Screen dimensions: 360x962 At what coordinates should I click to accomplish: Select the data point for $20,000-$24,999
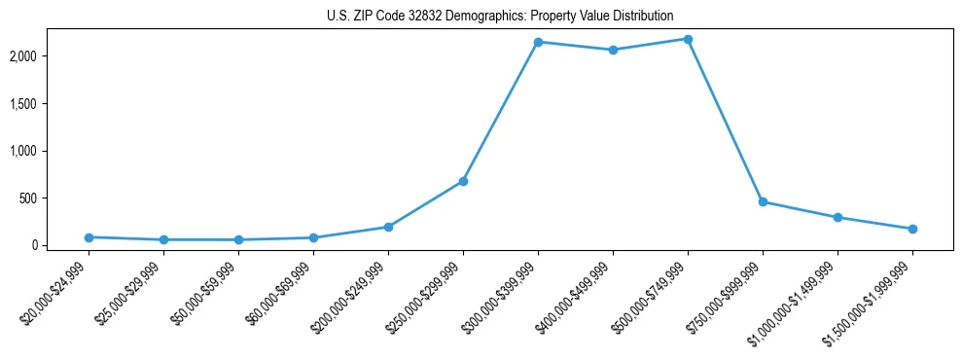tap(89, 237)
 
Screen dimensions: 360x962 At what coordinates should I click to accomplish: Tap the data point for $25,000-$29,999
tap(163, 239)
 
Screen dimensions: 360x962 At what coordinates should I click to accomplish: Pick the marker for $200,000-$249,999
tap(388, 227)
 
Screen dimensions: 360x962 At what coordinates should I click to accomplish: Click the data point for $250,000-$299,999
tap(463, 181)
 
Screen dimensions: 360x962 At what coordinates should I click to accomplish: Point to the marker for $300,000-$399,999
tap(538, 42)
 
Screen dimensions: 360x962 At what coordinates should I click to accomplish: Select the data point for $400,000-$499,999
tap(613, 50)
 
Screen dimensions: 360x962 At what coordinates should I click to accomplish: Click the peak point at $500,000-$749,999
tap(688, 39)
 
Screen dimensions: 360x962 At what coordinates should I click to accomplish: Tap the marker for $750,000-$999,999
tap(763, 201)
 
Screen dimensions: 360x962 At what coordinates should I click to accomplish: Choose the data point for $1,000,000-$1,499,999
tap(837, 217)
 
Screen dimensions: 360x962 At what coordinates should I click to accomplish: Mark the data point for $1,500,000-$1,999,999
tap(912, 229)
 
